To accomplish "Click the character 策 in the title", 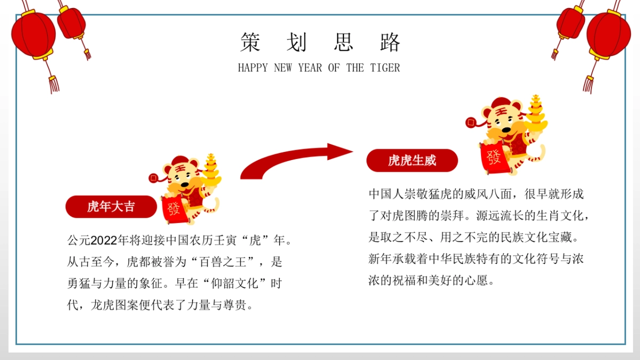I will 250,42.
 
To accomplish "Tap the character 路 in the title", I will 390,42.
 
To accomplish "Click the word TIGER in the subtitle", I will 385,68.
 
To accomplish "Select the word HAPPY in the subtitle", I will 253,68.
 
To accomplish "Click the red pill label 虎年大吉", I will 111,207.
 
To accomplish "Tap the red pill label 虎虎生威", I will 412,161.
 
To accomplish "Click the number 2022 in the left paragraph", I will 105,241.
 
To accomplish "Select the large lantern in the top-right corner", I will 608,34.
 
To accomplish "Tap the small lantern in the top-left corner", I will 71,22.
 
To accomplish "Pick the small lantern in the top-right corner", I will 570,22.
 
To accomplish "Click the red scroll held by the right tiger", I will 493,158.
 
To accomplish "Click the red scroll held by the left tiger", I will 174,210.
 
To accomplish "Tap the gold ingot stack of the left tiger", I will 211,170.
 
